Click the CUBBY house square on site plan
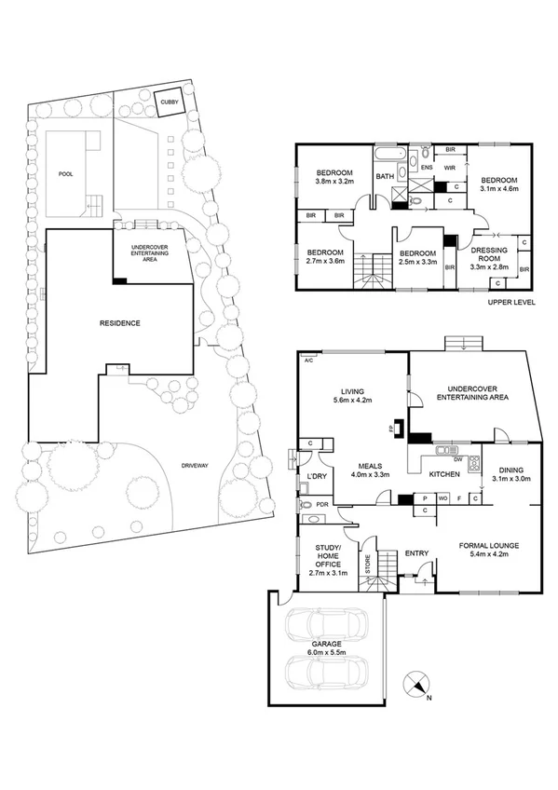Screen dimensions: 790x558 coord(169,102)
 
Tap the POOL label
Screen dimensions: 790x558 coord(65,173)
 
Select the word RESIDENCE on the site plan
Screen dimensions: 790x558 coord(119,323)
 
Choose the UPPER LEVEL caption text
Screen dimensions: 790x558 coord(512,303)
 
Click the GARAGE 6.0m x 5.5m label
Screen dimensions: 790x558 coord(326,647)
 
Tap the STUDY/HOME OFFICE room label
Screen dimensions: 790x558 coord(327,559)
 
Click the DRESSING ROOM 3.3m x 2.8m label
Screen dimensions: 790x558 coord(488,257)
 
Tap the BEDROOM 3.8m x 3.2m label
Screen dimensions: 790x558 coord(333,178)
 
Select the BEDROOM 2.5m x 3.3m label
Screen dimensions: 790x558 coord(417,258)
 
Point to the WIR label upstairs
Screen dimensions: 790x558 coord(448,168)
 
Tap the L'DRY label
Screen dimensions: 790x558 coord(315,477)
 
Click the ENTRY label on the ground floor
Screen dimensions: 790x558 coord(416,553)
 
